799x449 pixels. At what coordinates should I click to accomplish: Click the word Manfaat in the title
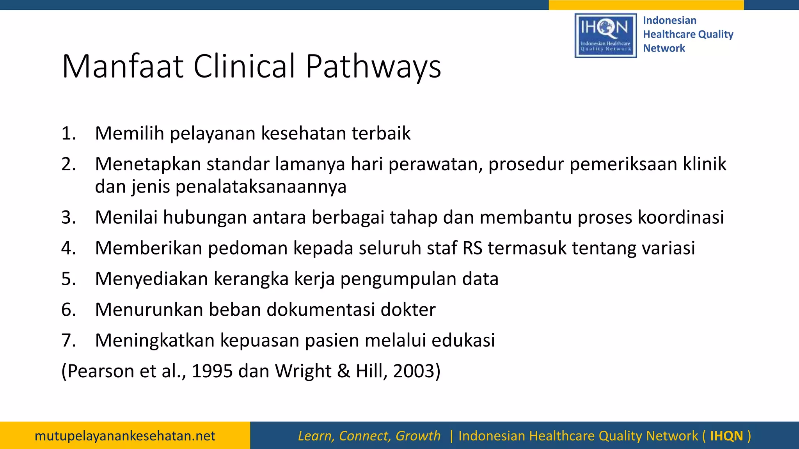tap(123, 66)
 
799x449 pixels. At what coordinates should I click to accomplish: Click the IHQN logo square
tap(605, 35)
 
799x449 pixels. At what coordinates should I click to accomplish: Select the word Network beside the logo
tap(664, 48)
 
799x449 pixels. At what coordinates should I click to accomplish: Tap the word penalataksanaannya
tap(261, 187)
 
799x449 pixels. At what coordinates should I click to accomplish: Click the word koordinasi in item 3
tap(681, 217)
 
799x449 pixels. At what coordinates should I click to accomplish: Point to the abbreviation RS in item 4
tap(472, 248)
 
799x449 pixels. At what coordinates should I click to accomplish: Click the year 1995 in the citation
tap(212, 371)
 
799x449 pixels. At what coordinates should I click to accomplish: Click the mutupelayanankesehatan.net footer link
tap(125, 436)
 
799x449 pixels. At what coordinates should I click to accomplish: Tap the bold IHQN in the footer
tap(726, 436)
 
